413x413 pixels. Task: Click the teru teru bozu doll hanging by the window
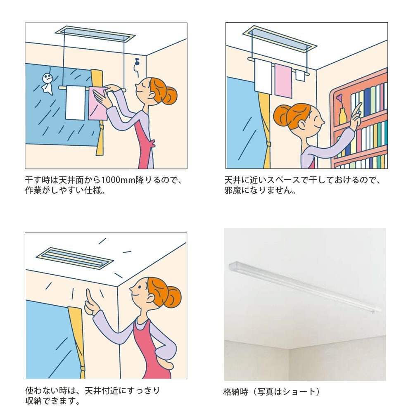[48, 83]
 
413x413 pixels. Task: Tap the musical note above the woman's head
[137, 62]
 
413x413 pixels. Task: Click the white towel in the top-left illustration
[75, 102]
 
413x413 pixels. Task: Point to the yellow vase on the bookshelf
[342, 116]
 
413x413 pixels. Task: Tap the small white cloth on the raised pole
[300, 75]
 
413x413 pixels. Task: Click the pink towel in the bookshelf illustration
[283, 81]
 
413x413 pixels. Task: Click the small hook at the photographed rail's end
[373, 312]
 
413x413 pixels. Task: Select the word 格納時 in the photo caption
[236, 392]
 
